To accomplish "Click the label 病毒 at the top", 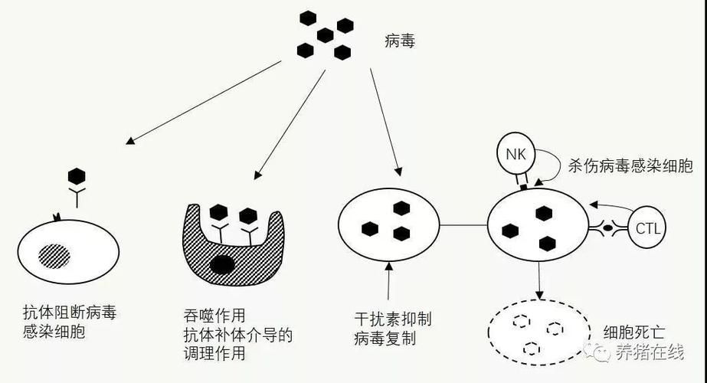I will pyautogui.click(x=399, y=41).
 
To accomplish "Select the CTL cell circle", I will pyautogui.click(x=647, y=228).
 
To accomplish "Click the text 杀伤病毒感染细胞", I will pyautogui.click(x=630, y=165).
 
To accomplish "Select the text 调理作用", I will pyautogui.click(x=214, y=353).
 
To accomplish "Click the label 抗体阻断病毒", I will pyautogui.click(x=70, y=313).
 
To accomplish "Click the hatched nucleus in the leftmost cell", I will pyautogui.click(x=54, y=254).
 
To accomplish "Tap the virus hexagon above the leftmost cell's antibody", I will pyautogui.click(x=76, y=176).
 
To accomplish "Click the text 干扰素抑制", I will pyautogui.click(x=388, y=319).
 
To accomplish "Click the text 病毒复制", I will pyautogui.click(x=388, y=338).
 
